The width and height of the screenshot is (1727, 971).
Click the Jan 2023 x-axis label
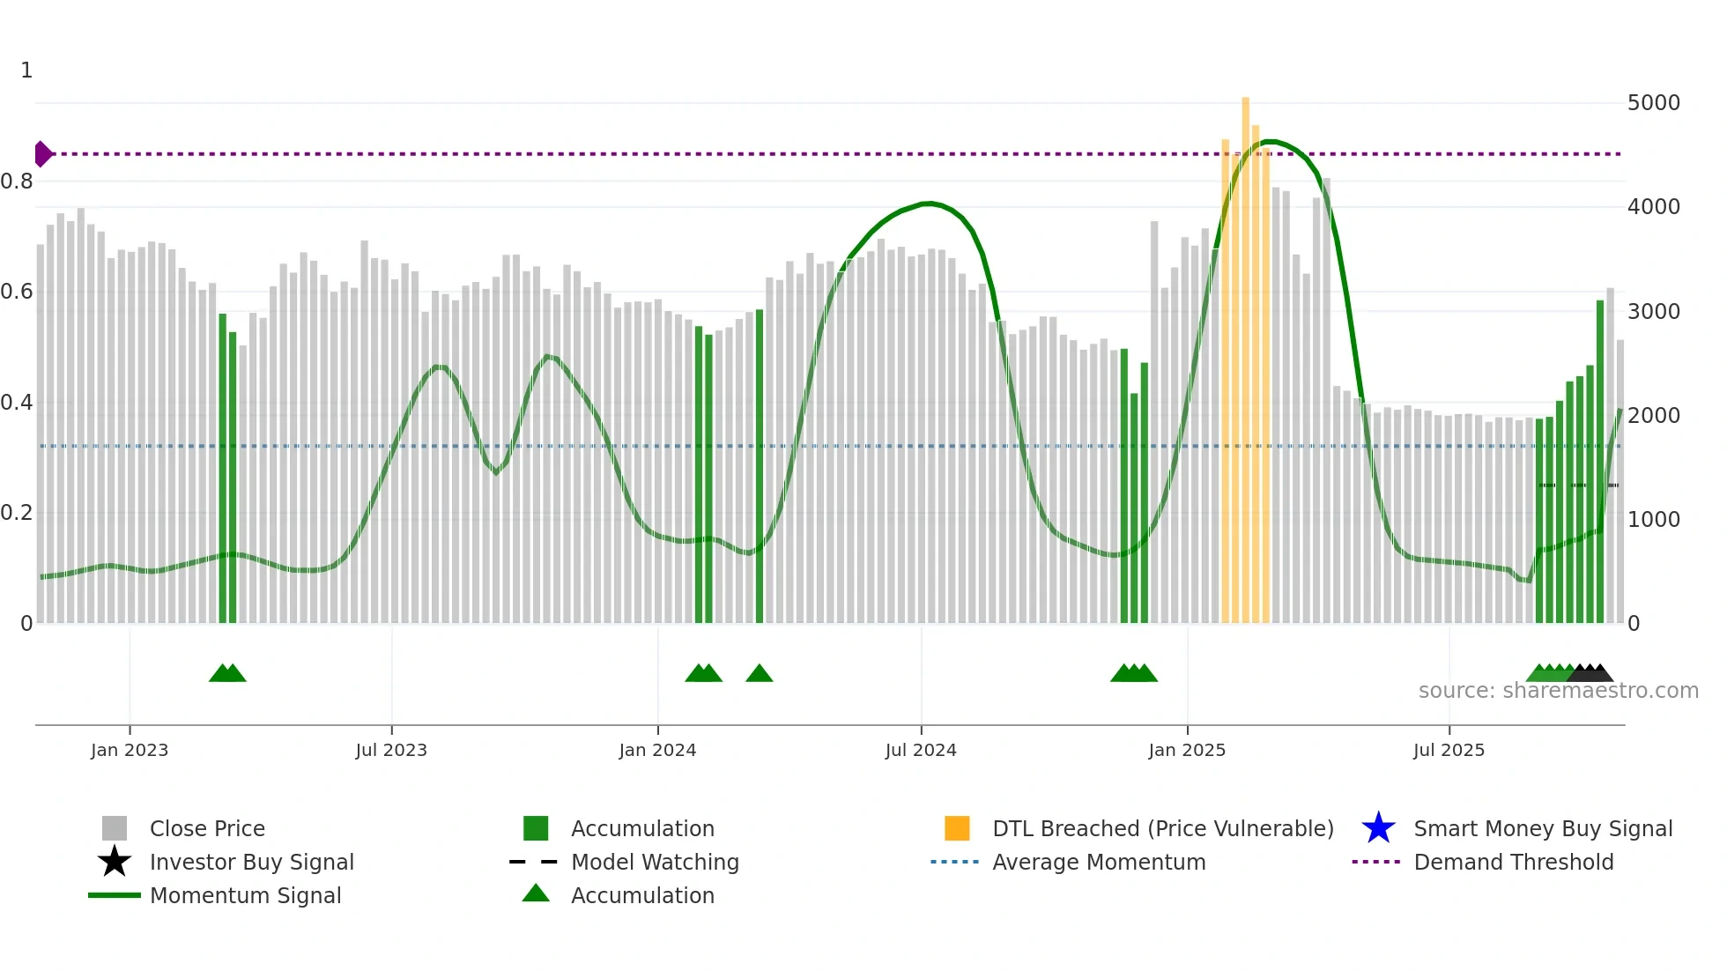(x=130, y=750)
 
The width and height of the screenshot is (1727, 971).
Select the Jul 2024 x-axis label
(x=921, y=750)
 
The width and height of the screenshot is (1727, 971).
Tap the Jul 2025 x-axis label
(x=1449, y=750)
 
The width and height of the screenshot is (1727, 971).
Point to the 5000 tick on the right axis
(x=1654, y=103)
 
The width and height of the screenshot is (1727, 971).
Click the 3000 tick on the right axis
(x=1654, y=312)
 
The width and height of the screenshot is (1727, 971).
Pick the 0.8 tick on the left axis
(x=17, y=182)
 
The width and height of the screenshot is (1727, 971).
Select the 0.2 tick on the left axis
(x=17, y=513)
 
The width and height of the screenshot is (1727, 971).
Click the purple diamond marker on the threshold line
(x=42, y=154)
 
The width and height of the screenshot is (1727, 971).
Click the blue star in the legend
(x=1378, y=828)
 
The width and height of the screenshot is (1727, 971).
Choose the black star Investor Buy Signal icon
(x=115, y=862)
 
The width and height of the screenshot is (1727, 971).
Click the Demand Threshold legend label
(x=1514, y=862)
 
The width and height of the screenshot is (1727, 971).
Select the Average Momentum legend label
(x=1099, y=862)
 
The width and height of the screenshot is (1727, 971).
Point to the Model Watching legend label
(x=655, y=862)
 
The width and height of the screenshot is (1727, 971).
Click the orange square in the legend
(x=957, y=828)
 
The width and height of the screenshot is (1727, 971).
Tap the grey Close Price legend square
(x=115, y=828)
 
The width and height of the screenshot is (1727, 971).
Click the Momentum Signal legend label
(x=245, y=895)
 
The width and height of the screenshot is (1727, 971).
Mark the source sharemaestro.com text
(x=1558, y=691)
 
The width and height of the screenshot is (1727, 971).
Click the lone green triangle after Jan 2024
(x=760, y=674)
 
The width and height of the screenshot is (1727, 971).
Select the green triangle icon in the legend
(x=536, y=893)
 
